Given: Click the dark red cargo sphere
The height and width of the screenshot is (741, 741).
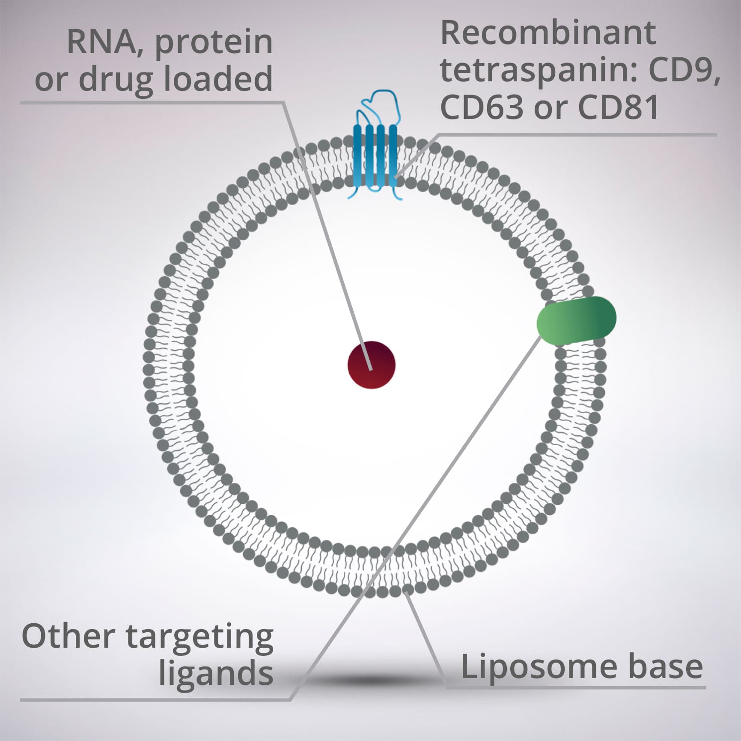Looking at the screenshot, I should coord(371,365).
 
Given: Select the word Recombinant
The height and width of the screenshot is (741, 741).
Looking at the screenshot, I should coord(548,34).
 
